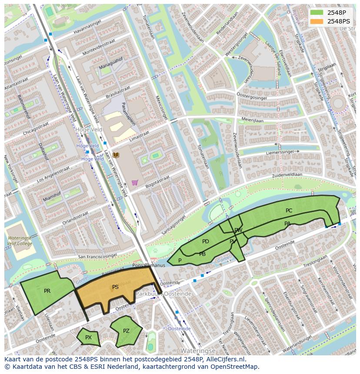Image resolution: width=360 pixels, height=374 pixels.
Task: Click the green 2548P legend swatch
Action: [317, 13]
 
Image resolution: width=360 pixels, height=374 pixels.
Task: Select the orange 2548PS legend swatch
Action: [317, 21]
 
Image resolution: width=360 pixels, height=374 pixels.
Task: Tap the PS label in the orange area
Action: [115, 287]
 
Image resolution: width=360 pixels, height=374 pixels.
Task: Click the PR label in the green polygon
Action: [47, 291]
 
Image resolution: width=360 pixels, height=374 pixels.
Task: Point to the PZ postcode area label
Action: [126, 331]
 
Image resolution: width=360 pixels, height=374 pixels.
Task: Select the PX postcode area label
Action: [88, 338]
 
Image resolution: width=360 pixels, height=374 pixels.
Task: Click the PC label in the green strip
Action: [289, 211]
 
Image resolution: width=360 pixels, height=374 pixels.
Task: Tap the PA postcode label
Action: [287, 224]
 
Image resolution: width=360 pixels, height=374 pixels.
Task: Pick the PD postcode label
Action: [206, 242]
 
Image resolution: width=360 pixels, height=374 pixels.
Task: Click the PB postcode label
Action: [202, 254]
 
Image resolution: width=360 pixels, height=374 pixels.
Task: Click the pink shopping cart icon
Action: [135, 182]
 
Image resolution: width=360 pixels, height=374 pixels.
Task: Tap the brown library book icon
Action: [116, 155]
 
